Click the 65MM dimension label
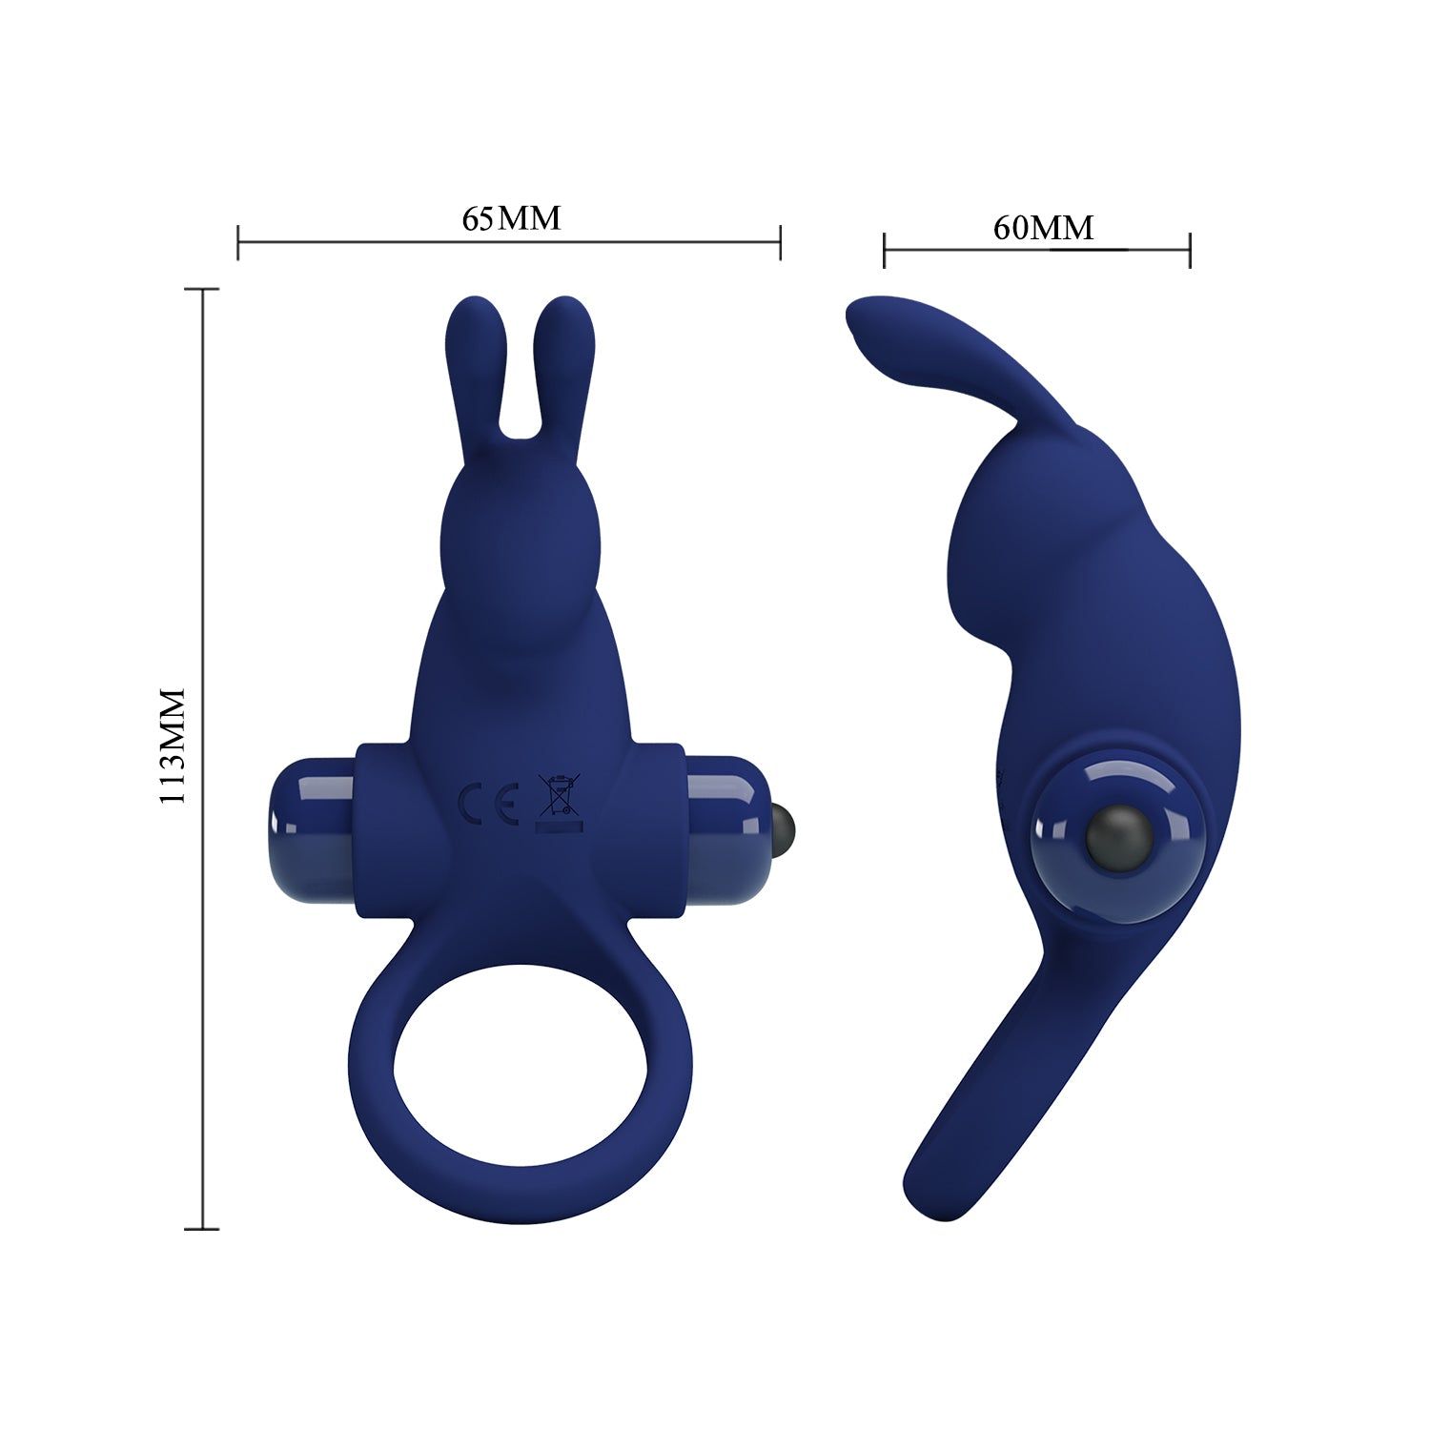click(511, 218)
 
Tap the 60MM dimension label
click(1043, 228)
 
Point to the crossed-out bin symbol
click(559, 796)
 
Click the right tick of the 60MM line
click(1190, 251)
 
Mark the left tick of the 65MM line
click(238, 242)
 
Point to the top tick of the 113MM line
click(202, 289)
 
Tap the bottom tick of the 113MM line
click(202, 1229)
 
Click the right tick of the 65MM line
click(781, 242)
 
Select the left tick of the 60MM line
click(885, 251)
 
